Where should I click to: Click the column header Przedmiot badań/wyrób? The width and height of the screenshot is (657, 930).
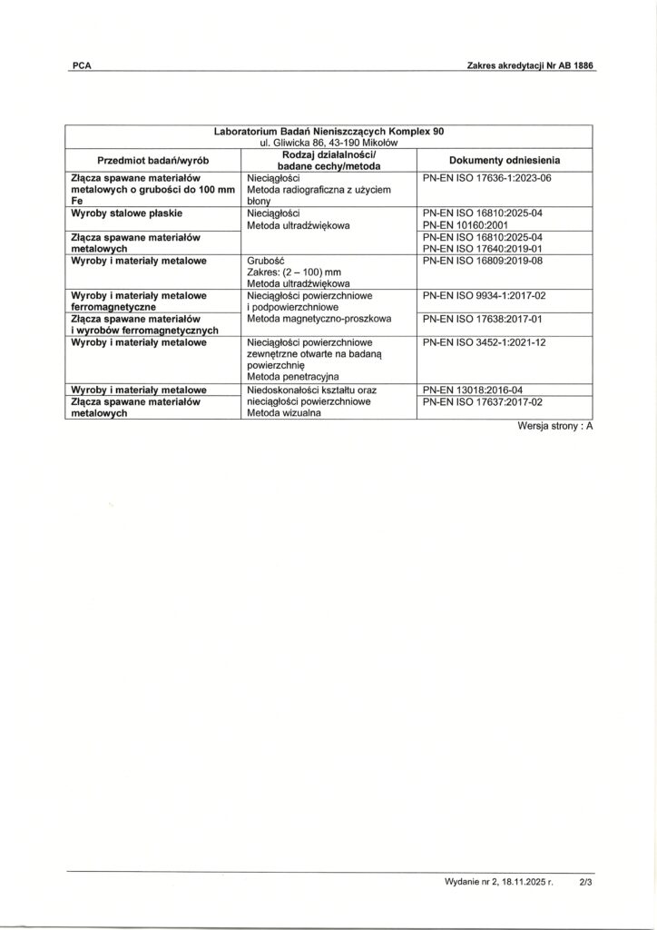(153, 160)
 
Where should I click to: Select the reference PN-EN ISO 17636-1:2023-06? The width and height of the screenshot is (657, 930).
(487, 178)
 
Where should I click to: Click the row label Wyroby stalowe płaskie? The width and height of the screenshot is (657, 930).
(127, 213)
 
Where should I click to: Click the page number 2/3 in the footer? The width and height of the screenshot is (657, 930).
(584, 881)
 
